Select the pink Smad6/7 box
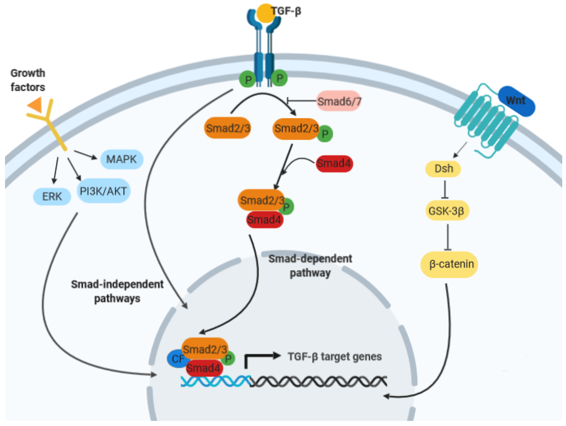(x=339, y=101)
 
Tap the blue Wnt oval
(x=516, y=101)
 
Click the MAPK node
(x=122, y=159)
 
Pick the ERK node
(x=52, y=196)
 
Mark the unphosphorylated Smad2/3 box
(x=227, y=128)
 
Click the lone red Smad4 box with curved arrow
(x=334, y=163)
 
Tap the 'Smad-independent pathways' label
(x=117, y=291)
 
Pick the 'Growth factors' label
(x=28, y=80)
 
